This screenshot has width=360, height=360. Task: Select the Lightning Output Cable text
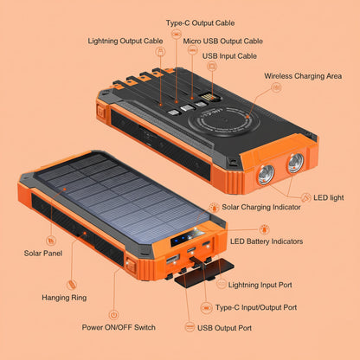[125, 40]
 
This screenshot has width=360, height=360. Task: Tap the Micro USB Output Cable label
[222, 40]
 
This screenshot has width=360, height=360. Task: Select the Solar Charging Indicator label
[260, 207]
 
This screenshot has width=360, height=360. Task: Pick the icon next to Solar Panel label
[50, 240]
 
